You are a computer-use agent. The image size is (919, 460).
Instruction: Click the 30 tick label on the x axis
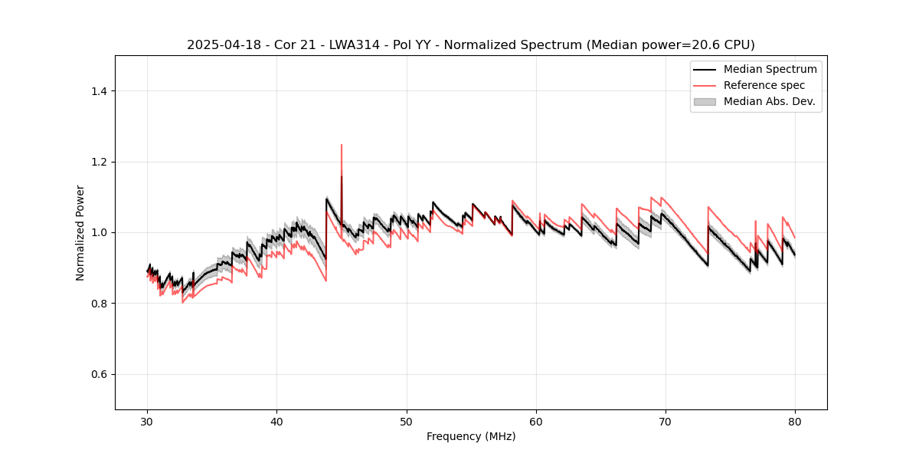(x=148, y=422)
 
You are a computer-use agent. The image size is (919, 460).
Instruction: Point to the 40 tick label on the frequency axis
(x=277, y=422)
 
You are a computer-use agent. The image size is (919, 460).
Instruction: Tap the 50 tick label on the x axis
(x=407, y=422)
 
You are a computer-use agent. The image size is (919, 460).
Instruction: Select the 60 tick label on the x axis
(x=536, y=422)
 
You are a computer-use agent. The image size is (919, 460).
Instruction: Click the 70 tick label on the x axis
(x=666, y=422)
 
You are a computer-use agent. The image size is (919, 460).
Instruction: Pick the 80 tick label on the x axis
(x=795, y=422)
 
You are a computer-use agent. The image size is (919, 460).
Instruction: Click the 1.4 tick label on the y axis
(x=100, y=91)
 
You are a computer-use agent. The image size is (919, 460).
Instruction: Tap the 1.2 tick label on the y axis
(x=100, y=162)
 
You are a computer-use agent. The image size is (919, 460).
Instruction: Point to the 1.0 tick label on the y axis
(x=100, y=232)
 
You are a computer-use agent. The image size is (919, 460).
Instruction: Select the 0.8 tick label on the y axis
(x=100, y=304)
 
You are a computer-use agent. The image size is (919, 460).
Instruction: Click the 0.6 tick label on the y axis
(x=100, y=374)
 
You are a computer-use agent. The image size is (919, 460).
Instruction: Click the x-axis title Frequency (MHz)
(x=471, y=436)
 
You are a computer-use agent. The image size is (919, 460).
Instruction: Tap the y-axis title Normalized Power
(x=80, y=232)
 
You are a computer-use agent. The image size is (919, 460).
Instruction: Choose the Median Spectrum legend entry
(x=770, y=69)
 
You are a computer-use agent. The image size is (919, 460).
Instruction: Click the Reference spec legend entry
(x=764, y=85)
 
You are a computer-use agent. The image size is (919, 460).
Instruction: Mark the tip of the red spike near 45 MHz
(x=342, y=144)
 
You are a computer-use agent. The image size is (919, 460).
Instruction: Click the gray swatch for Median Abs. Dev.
(x=705, y=101)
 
